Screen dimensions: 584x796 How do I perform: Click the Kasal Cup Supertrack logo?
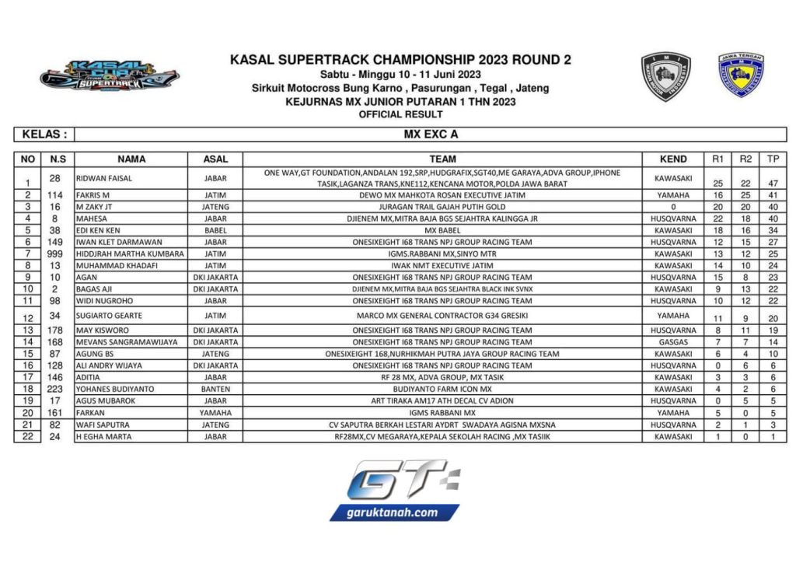(x=110, y=77)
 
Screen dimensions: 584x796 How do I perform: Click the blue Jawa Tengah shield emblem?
(x=740, y=75)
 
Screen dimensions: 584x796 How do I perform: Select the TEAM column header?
(x=442, y=159)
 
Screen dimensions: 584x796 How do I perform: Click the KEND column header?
(x=673, y=159)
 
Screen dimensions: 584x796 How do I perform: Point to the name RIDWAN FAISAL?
(x=103, y=178)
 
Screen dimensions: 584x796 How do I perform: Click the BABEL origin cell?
(x=215, y=230)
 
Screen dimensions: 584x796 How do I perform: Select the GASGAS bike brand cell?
(x=673, y=342)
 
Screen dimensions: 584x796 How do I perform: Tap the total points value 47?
(x=773, y=184)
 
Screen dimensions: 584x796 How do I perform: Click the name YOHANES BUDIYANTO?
(x=115, y=389)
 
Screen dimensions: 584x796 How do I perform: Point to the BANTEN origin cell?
(x=215, y=389)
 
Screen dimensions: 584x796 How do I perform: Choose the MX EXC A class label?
(x=431, y=135)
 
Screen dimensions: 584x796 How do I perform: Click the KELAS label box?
(x=44, y=135)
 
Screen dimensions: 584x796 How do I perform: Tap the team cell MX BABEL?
(x=442, y=230)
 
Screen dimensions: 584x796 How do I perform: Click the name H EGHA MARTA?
(x=104, y=436)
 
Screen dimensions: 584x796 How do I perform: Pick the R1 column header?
(x=718, y=159)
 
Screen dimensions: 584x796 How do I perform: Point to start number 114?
(x=54, y=195)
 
